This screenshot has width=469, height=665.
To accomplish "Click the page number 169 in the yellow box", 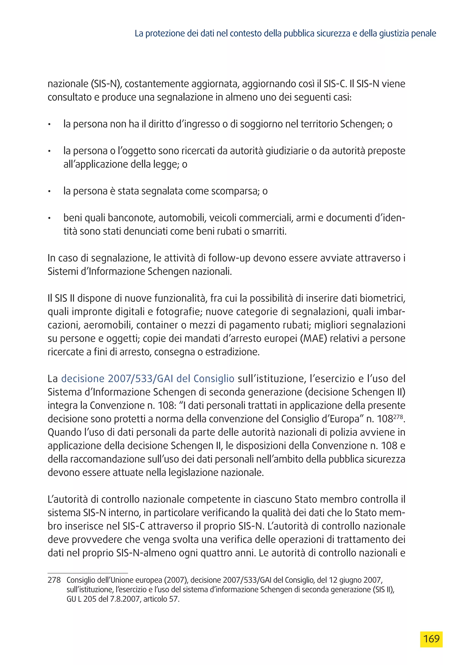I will click(x=431, y=639).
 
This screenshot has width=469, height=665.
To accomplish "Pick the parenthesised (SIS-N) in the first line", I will click(x=105, y=84).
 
